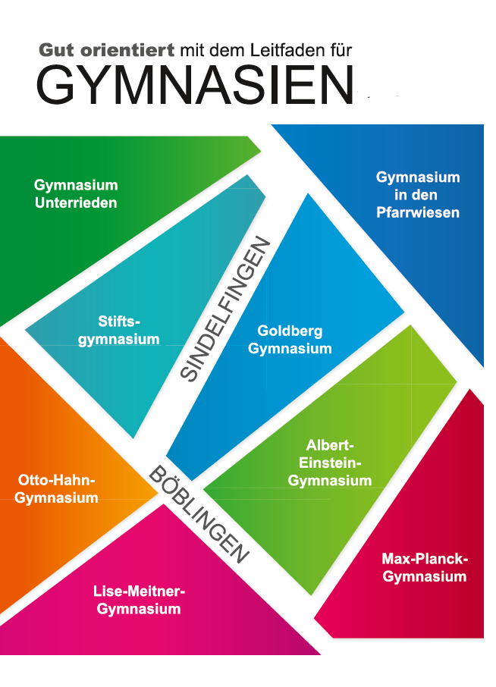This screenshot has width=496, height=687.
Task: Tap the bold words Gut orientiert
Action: click(107, 51)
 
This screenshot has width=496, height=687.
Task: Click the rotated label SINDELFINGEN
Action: click(227, 309)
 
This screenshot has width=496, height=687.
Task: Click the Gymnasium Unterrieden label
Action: click(76, 193)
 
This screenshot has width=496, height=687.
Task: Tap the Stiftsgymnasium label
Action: click(119, 330)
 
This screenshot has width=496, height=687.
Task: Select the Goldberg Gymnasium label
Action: click(290, 340)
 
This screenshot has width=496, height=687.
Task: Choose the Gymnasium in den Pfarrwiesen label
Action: click(418, 195)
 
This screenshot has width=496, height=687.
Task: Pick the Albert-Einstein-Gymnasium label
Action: click(330, 463)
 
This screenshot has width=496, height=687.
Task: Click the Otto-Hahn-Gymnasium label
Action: click(57, 489)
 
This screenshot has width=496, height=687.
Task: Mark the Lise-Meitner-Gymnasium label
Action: click(139, 600)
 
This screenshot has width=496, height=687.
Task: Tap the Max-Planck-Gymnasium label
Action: click(425, 568)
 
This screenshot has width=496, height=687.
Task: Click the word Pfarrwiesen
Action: click(418, 213)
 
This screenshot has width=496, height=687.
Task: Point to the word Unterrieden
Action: click(76, 202)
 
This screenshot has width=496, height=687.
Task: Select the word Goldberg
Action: click(290, 331)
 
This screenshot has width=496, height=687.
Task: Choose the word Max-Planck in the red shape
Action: click(425, 560)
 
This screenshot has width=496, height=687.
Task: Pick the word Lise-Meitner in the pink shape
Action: click(139, 591)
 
